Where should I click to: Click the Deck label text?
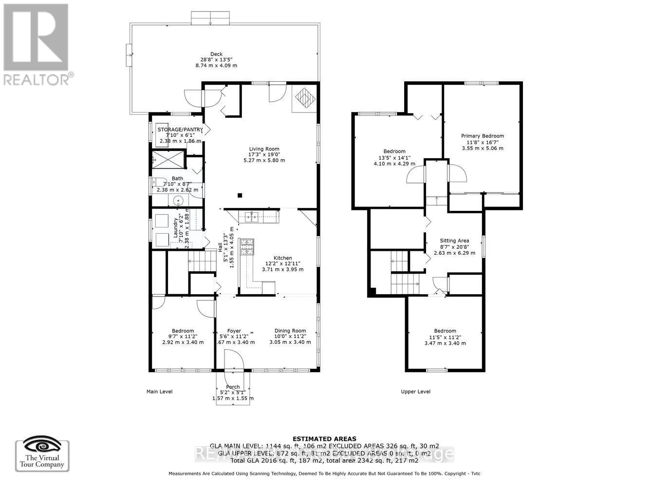pyautogui.click(x=216, y=54)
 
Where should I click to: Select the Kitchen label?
pyautogui.click(x=282, y=258)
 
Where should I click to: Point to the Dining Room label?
pyautogui.click(x=290, y=331)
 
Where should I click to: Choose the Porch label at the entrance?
pyautogui.click(x=233, y=387)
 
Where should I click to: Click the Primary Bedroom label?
pyautogui.click(x=482, y=136)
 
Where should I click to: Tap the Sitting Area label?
pyautogui.click(x=454, y=241)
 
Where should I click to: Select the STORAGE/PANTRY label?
pyautogui.click(x=180, y=130)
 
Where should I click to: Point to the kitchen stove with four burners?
pyautogui.click(x=247, y=247)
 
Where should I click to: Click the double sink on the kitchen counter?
pyautogui.click(x=252, y=216)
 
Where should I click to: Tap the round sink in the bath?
pyautogui.click(x=178, y=200)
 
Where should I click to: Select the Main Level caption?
pyautogui.click(x=159, y=392)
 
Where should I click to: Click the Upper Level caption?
pyautogui.click(x=415, y=392)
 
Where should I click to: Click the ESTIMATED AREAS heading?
pyautogui.click(x=324, y=439)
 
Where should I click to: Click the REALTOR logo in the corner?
pyautogui.click(x=37, y=44)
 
